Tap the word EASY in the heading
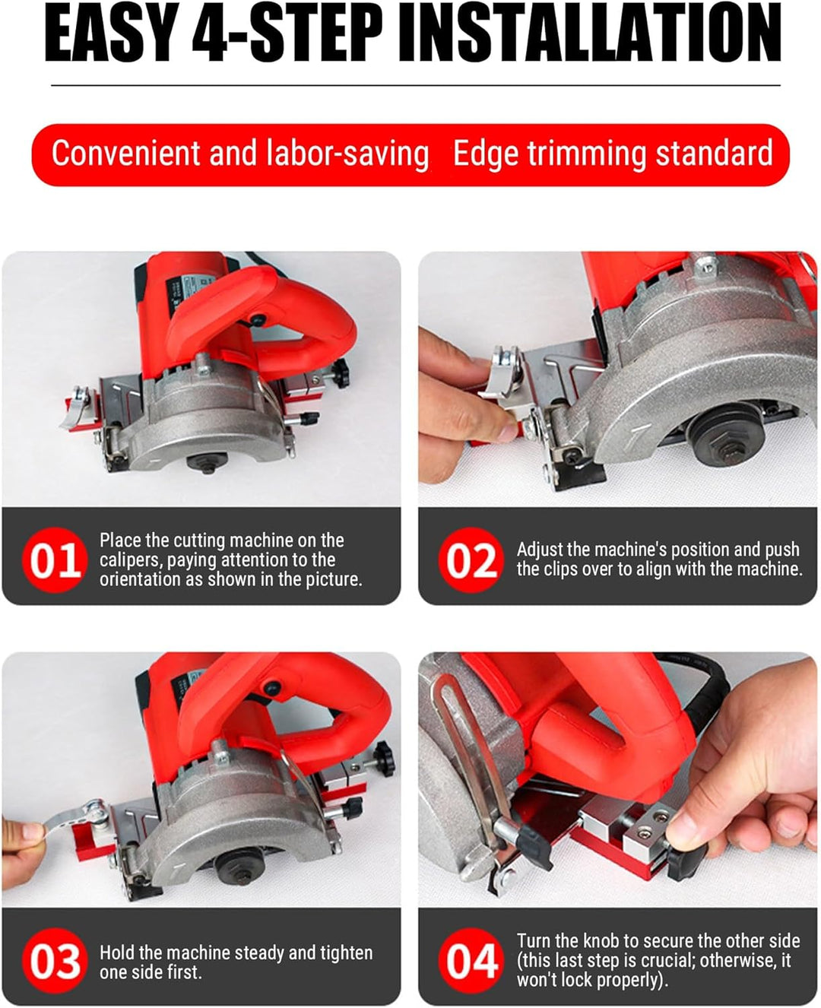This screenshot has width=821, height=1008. tap(107, 33)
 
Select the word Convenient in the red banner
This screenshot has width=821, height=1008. tap(126, 153)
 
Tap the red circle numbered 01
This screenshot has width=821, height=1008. tap(55, 560)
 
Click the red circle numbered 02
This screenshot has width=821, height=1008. tap(471, 560)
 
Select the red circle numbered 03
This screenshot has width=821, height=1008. tap(55, 962)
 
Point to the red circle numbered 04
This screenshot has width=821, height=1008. tap(471, 962)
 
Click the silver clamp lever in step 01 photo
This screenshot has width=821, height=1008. tap(76, 406)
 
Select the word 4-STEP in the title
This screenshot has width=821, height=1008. tap(287, 33)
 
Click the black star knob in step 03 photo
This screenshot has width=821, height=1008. tap(385, 759)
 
